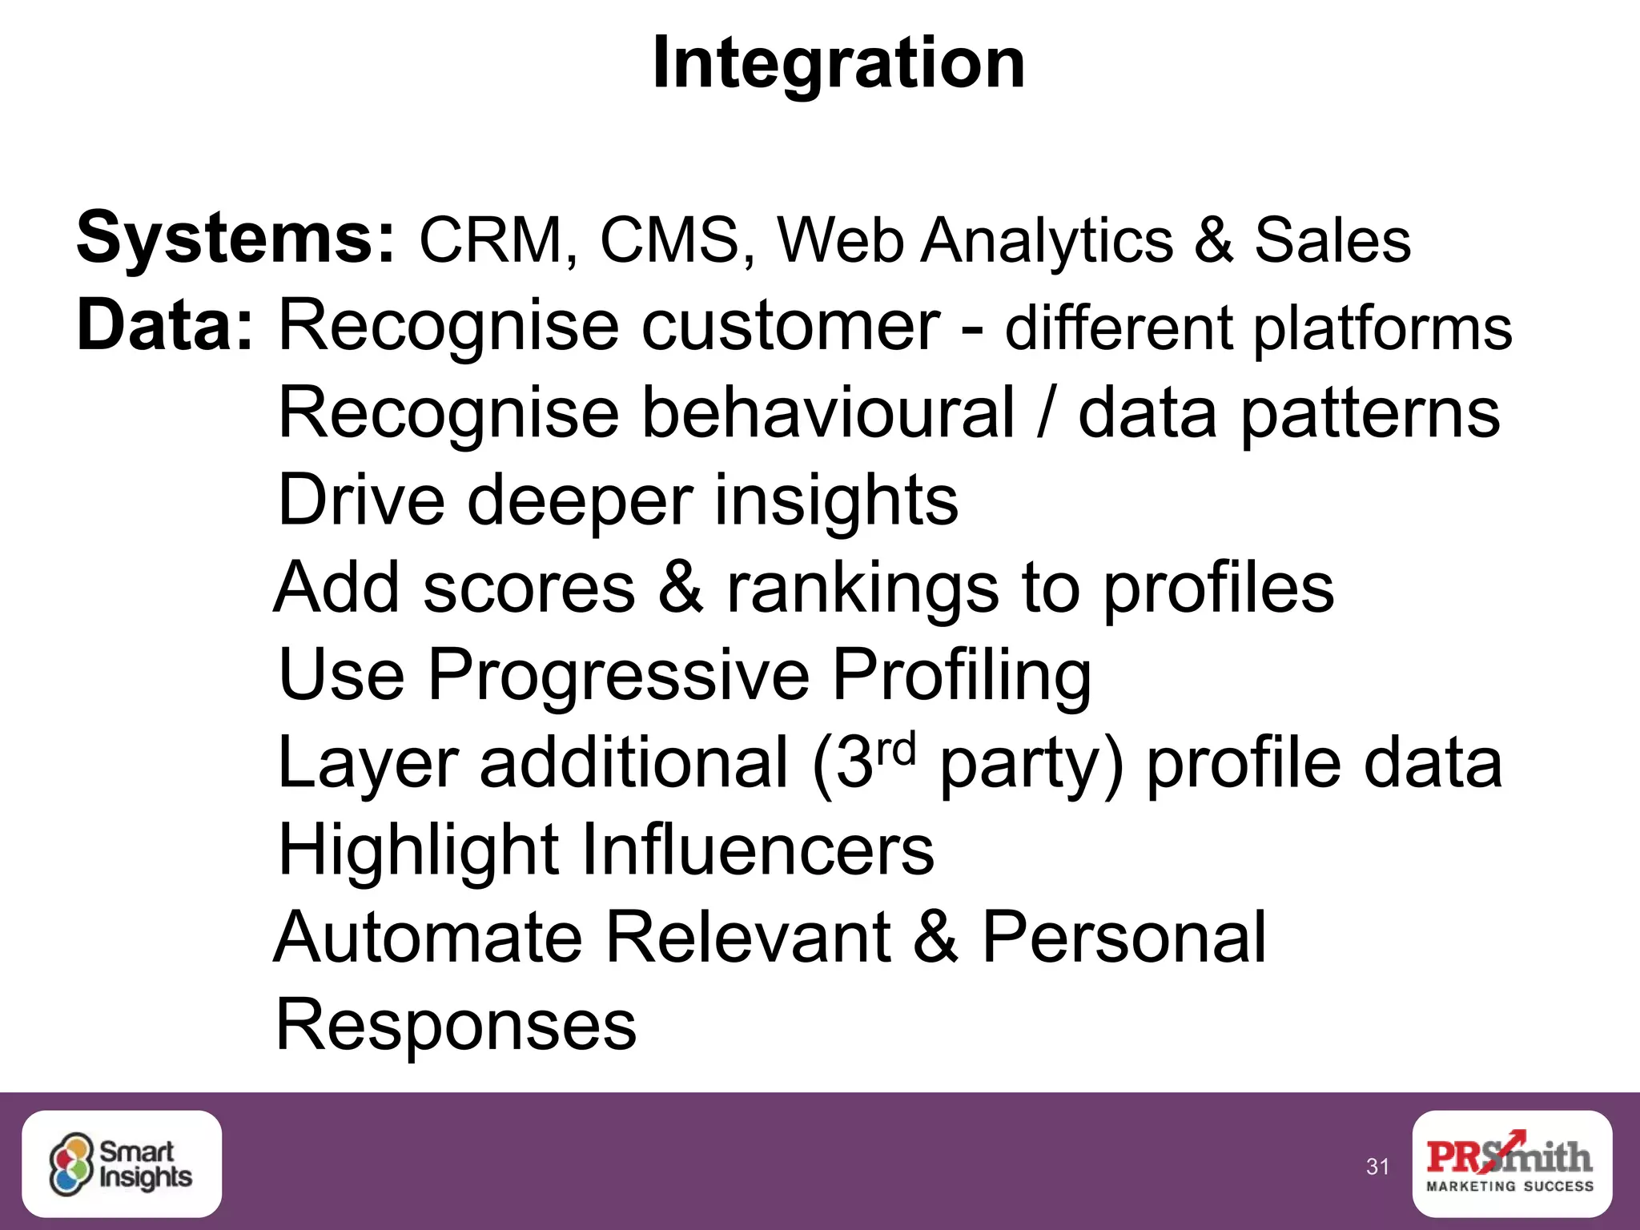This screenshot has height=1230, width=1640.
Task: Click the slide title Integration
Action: (x=838, y=64)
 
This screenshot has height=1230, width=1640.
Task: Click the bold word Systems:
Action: (x=235, y=238)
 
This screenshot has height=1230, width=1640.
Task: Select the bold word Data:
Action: (x=165, y=326)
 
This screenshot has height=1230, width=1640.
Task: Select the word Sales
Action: (x=1332, y=240)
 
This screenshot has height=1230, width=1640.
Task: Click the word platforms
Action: (x=1382, y=330)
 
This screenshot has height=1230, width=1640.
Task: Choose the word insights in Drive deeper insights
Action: (x=836, y=500)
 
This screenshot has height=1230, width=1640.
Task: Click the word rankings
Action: (x=862, y=589)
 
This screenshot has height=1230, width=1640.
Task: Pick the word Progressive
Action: (x=618, y=675)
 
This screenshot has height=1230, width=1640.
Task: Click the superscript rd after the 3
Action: (x=894, y=750)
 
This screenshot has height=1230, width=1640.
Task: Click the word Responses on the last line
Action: (x=456, y=1025)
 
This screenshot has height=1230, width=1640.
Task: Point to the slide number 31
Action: (x=1377, y=1167)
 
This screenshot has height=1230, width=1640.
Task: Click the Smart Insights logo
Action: (x=122, y=1164)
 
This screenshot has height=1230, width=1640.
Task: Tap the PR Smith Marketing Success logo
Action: (x=1511, y=1164)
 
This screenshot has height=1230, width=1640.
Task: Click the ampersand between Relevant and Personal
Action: (x=935, y=937)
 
